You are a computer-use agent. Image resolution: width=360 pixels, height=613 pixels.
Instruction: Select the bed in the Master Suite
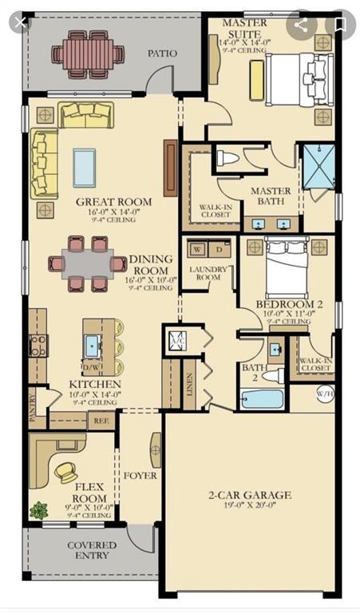coord(291,79)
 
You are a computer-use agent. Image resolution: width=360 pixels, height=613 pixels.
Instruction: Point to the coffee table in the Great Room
coord(85,167)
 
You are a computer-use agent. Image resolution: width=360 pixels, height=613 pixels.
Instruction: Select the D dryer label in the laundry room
coord(220,249)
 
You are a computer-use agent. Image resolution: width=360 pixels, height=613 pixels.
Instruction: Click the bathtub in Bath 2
coord(262,397)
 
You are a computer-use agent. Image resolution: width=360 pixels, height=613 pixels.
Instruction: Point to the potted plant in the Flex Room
coord(38,509)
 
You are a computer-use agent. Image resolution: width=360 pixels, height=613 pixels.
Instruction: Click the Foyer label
coord(140,476)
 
